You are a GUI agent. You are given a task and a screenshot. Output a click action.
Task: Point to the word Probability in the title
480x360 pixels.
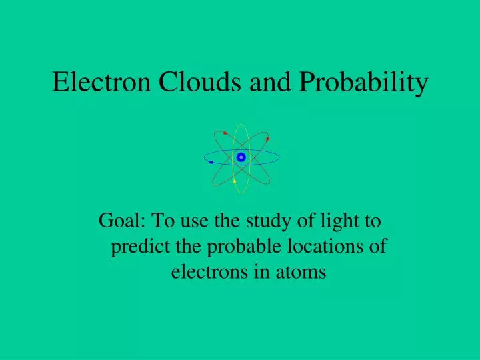pos(363,83)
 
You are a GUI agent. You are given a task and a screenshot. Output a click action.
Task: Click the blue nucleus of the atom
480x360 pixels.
pos(241,157)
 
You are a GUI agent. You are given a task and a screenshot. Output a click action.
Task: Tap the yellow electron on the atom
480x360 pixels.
pos(235,181)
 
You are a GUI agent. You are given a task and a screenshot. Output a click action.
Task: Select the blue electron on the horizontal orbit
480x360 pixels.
pos(211,162)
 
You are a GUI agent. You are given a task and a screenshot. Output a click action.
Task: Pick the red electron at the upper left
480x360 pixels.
pos(225,133)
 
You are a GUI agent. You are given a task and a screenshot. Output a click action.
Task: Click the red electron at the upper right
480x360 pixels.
pos(267,139)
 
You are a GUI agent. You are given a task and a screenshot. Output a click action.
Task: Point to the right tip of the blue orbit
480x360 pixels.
pos(279,157)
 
